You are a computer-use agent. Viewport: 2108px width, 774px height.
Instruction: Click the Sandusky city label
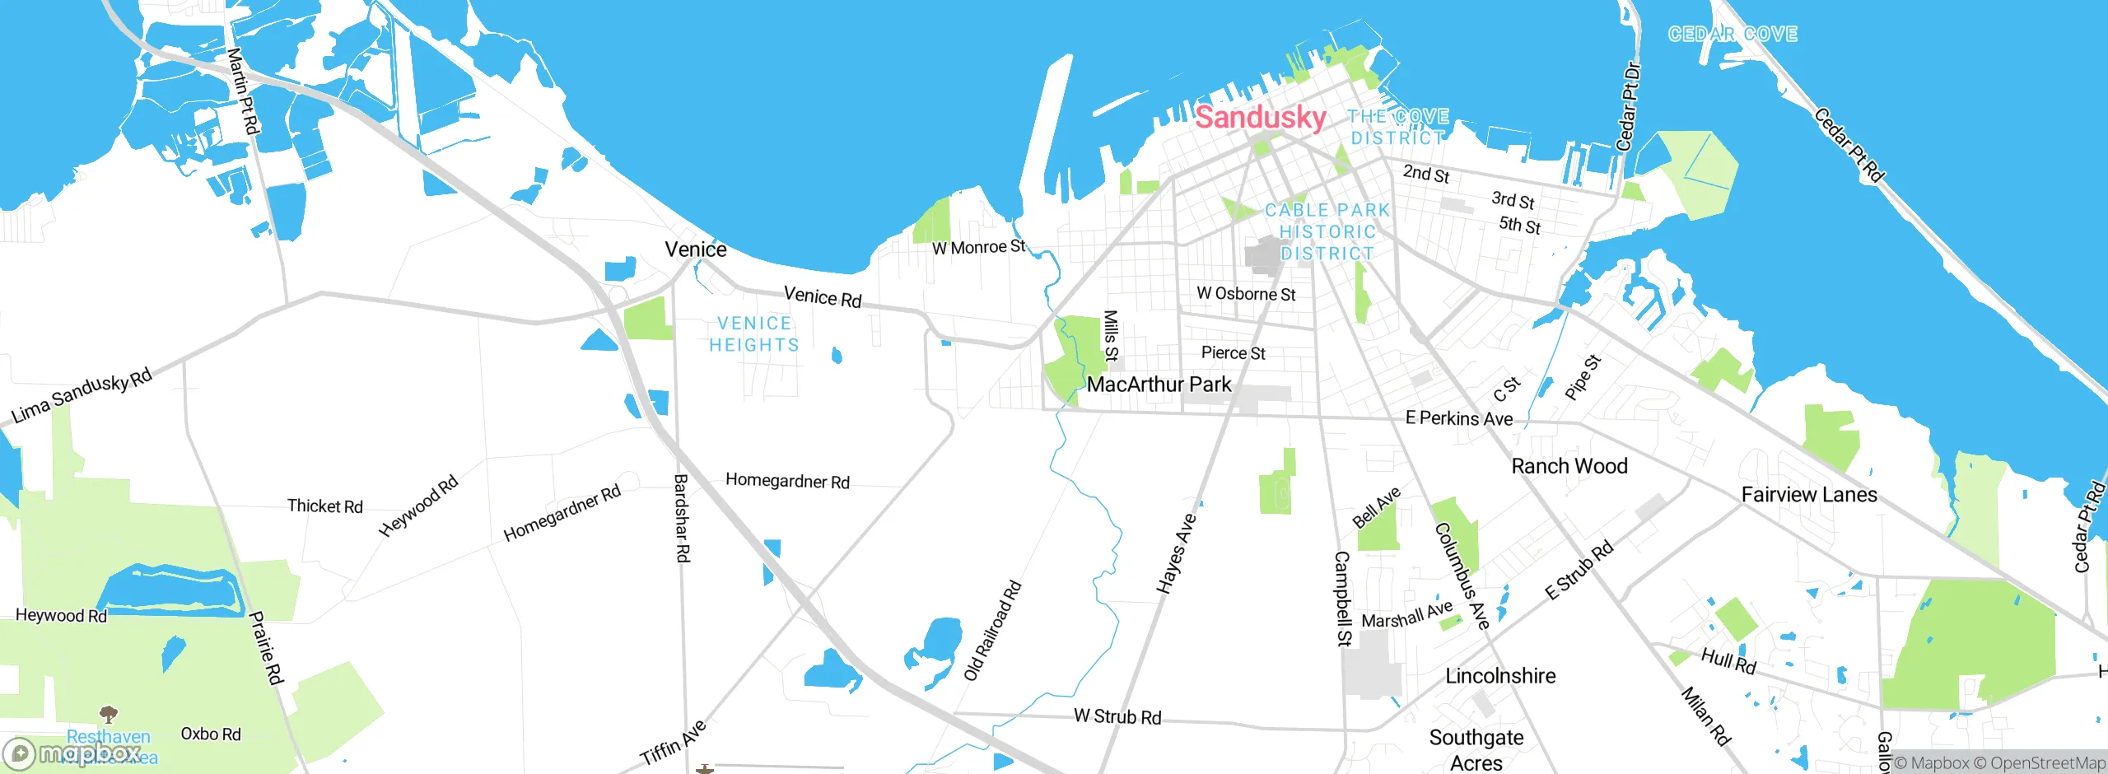point(1260,117)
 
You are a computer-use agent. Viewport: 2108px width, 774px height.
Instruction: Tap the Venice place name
point(695,249)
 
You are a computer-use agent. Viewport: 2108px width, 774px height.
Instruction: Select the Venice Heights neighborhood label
point(754,334)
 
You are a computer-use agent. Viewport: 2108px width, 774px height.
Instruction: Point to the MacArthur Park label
point(1159,385)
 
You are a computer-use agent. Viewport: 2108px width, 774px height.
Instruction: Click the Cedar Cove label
point(1733,35)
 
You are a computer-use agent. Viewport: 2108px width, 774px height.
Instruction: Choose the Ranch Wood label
point(1569,466)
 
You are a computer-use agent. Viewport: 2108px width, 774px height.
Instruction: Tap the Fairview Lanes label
point(1808,495)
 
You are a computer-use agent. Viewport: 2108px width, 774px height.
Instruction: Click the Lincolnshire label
point(1499,676)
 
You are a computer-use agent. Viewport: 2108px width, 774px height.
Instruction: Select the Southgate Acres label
point(1476,750)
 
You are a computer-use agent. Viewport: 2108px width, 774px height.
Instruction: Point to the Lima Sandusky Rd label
point(82,396)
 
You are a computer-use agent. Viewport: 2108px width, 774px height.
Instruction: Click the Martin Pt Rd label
point(243,91)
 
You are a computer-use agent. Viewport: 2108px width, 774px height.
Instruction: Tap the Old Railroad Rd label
point(992,631)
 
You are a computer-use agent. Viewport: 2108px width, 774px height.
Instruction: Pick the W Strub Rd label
point(1117,716)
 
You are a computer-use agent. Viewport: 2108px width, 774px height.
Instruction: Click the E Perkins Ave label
point(1458,418)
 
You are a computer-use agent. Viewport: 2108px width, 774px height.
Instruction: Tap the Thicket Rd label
point(324,506)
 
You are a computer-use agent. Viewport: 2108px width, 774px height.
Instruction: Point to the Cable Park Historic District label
point(1327,232)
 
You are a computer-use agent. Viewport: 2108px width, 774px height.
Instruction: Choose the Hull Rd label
point(1728,660)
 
